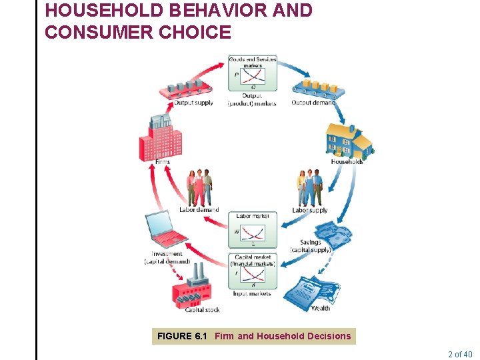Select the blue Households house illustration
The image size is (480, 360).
tap(348, 141)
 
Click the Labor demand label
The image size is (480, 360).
tap(199, 210)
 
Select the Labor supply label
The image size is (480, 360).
tap(310, 211)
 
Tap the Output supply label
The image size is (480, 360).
tap(194, 103)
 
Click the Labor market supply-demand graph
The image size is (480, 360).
tap(253, 233)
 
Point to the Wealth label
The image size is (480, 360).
tap(320, 309)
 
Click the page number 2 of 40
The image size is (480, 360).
tap(460, 354)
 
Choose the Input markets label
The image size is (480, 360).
tap(252, 293)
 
